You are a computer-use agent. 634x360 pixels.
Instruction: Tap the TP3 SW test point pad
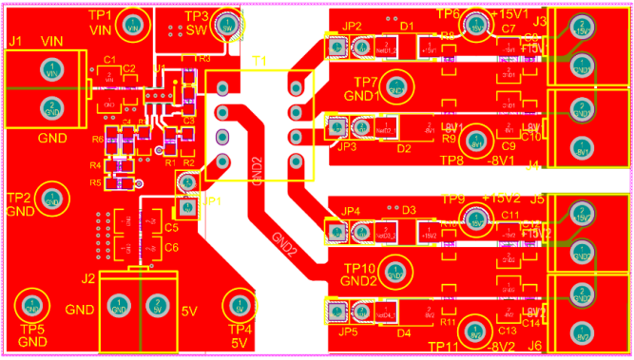click(x=227, y=28)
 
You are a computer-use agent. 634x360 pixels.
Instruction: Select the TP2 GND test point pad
click(x=53, y=201)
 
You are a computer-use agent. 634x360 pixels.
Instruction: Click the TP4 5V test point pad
click(x=239, y=306)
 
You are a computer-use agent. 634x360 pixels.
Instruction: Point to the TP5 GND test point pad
click(x=31, y=306)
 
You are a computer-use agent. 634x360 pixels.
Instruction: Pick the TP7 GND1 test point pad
click(x=395, y=88)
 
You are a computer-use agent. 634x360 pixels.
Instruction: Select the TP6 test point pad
click(x=474, y=28)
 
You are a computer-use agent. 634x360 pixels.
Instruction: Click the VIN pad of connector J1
click(x=53, y=72)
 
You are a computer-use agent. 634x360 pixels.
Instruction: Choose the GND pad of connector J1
click(x=53, y=105)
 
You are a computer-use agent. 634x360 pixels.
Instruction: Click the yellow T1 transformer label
click(x=259, y=61)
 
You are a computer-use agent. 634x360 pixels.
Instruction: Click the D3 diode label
click(x=409, y=209)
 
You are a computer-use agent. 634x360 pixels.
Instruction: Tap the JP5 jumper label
click(x=348, y=332)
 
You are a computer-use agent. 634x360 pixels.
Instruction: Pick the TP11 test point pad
click(x=475, y=323)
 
